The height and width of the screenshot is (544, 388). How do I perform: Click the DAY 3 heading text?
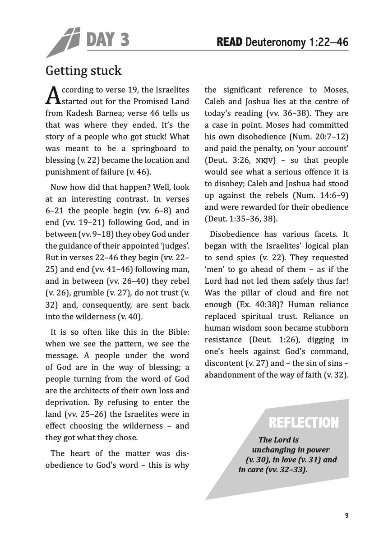tap(107, 40)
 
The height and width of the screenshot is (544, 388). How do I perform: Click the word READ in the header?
tap(230, 42)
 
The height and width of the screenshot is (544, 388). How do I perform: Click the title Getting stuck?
tap(83, 71)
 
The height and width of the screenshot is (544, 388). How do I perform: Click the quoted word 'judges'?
tap(175, 246)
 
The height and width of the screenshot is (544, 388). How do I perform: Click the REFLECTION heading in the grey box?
tap(303, 423)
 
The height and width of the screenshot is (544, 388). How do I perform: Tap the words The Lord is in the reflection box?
tap(279, 439)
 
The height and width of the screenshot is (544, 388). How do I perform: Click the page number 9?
tap(346, 516)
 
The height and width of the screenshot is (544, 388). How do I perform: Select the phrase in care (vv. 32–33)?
tap(273, 470)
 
